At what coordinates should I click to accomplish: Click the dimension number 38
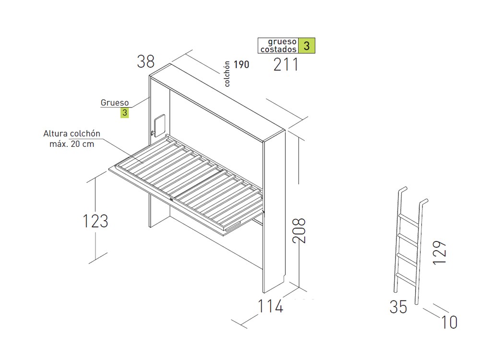click(146, 61)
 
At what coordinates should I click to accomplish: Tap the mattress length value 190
click(241, 65)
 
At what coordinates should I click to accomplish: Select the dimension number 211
click(286, 65)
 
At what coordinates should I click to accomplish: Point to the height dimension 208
click(299, 230)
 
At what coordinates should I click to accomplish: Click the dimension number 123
click(96, 221)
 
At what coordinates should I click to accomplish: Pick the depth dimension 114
click(271, 306)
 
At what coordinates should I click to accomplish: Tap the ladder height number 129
click(439, 252)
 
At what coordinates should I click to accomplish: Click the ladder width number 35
click(398, 307)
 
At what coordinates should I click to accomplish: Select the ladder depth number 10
click(449, 322)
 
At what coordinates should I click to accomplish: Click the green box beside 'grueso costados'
click(306, 46)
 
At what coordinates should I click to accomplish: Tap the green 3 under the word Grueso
click(125, 113)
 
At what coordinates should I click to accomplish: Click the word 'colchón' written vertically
click(227, 74)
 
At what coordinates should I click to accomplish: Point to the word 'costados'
click(278, 49)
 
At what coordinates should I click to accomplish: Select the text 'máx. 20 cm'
click(72, 144)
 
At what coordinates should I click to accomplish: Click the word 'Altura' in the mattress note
click(55, 133)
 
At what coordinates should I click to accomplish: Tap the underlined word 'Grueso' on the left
click(115, 103)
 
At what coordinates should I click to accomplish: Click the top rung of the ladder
click(408, 220)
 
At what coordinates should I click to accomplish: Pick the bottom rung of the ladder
click(406, 280)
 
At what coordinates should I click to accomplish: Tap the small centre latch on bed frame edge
click(171, 200)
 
